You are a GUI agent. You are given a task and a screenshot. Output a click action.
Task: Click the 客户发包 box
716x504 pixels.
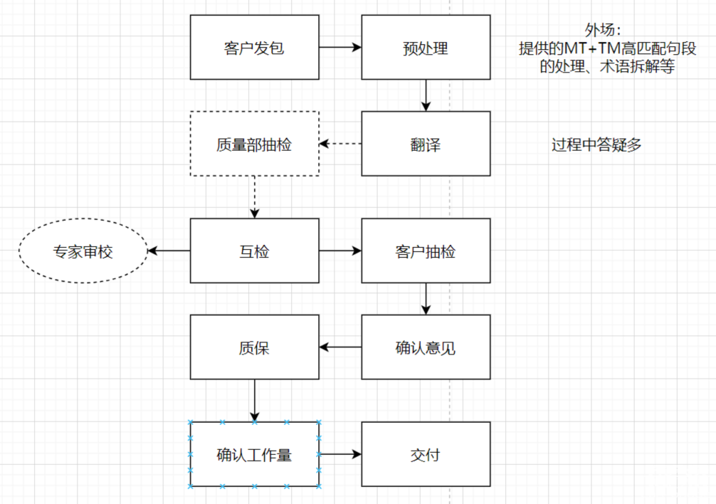(x=254, y=48)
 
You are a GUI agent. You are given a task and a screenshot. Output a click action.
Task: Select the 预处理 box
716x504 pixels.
(x=426, y=48)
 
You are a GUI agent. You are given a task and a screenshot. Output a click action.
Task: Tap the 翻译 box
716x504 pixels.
(x=426, y=144)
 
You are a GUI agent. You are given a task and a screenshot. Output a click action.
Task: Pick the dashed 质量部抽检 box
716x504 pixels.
(x=254, y=144)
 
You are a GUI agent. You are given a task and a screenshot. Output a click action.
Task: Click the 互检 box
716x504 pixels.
(x=254, y=251)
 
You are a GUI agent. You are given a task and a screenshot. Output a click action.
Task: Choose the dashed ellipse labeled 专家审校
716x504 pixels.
(x=83, y=251)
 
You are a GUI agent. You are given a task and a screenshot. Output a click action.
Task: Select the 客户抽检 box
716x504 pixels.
(x=426, y=251)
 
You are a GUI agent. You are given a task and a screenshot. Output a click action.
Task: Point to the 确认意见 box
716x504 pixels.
(x=426, y=347)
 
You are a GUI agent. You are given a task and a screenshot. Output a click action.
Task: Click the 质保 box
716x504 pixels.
(x=254, y=347)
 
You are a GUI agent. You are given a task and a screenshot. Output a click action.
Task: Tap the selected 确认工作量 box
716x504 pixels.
(x=254, y=454)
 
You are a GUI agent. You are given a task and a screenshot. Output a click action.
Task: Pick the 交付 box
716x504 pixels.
(x=426, y=454)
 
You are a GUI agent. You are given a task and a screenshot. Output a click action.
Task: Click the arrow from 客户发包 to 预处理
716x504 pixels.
(x=340, y=48)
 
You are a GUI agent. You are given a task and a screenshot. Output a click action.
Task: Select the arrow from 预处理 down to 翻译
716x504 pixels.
(x=426, y=95)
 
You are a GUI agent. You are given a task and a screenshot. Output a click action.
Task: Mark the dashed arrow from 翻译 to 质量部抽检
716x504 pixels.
(x=340, y=144)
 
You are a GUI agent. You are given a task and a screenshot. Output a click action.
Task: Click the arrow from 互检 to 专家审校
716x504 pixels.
(x=169, y=251)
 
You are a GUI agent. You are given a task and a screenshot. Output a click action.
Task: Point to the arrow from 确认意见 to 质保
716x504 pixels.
(x=340, y=347)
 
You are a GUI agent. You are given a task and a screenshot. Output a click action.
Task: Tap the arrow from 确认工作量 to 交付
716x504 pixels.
(x=340, y=454)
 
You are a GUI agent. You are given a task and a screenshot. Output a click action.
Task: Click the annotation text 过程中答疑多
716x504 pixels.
(x=596, y=145)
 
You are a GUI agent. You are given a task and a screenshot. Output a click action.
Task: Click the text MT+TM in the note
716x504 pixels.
(x=594, y=48)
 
